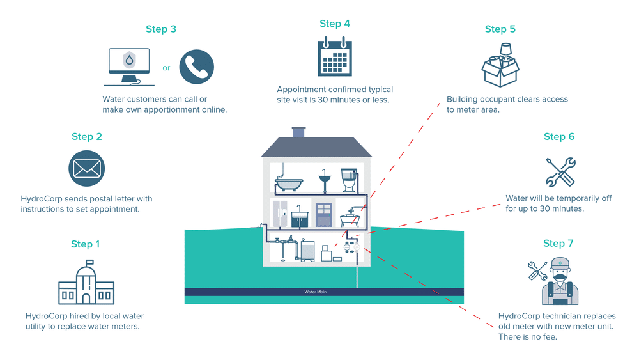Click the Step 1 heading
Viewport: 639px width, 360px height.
(86, 244)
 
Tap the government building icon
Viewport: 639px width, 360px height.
(86, 285)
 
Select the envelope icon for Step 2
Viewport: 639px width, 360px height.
(86, 169)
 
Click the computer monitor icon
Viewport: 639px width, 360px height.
(130, 66)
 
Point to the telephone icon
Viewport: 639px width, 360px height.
(197, 67)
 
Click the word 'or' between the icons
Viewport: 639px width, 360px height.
(166, 68)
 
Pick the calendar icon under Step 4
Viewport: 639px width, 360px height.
(335, 57)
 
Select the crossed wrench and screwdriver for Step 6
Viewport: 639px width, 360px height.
(560, 171)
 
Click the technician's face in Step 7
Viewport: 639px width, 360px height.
(560, 274)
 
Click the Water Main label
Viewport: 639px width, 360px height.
(316, 292)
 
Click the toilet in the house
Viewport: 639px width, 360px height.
(348, 180)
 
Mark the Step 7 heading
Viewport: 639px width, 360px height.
(558, 244)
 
